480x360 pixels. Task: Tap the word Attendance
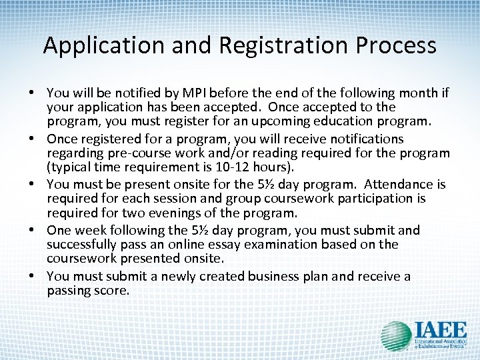click(393, 185)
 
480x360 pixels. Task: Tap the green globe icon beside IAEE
click(395, 336)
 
